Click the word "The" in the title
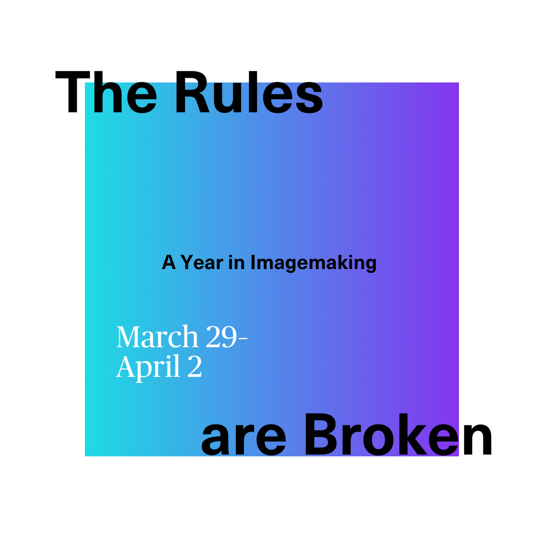point(106,92)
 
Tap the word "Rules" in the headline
point(249,92)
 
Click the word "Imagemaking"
point(314,264)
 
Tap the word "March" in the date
point(158,337)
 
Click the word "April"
point(148,367)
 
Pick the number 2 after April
point(194,367)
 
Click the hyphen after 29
point(242,339)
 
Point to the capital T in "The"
point(72,92)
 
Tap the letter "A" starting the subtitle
point(169,262)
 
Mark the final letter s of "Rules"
point(309,98)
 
